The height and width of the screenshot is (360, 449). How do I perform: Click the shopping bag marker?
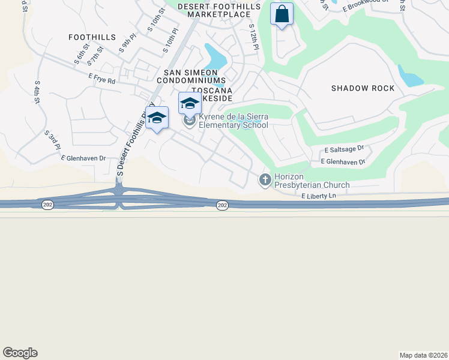coord(282,14)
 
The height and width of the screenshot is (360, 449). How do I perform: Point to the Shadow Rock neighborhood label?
coord(363,88)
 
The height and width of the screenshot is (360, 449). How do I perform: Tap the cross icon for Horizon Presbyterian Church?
coord(265,179)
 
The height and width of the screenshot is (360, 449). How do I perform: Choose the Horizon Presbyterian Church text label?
coord(312,181)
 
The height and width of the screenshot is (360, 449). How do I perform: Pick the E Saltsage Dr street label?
coord(344,149)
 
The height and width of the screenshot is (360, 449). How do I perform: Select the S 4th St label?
coord(37,92)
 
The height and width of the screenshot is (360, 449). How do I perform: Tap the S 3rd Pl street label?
coord(53,140)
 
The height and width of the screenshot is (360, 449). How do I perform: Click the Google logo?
coord(20,353)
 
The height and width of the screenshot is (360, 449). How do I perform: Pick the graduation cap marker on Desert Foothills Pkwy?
coord(157,118)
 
